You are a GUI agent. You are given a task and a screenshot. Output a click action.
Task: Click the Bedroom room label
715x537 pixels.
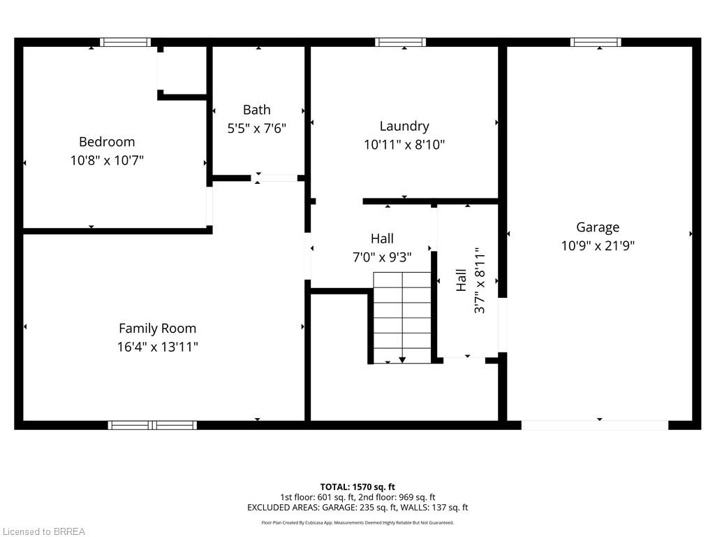(x=107, y=142)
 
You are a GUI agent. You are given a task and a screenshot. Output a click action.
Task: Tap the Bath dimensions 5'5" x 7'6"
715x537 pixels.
(x=257, y=129)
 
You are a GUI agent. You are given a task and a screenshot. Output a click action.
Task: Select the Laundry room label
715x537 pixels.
(x=404, y=127)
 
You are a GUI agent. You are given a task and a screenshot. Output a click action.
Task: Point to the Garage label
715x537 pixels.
(x=598, y=227)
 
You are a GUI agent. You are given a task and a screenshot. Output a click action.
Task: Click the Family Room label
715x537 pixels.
(x=157, y=329)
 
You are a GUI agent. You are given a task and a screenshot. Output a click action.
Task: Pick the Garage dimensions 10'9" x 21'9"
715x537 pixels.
(x=598, y=245)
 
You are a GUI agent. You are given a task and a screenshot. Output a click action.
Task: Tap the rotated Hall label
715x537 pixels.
(x=461, y=280)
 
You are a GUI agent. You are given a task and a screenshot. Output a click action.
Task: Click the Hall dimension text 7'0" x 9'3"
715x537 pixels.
(x=382, y=257)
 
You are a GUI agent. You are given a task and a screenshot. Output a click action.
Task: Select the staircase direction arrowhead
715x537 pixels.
(x=402, y=360)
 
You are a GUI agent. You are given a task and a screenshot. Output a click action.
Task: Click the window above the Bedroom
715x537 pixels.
(x=126, y=43)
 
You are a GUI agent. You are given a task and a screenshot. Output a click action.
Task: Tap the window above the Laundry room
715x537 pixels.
(x=401, y=43)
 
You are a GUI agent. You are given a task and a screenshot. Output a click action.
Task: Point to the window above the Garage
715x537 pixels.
(x=596, y=43)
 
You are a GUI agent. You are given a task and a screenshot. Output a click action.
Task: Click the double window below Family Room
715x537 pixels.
(x=153, y=425)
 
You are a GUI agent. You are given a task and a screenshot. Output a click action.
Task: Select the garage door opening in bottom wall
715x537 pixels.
(x=595, y=425)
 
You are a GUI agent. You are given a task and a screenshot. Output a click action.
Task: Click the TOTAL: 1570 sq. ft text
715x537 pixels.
(x=357, y=487)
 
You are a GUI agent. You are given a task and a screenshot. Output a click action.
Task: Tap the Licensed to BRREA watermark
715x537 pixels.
(x=44, y=531)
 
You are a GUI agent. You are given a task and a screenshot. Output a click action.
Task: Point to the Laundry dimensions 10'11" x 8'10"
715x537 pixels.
(x=404, y=145)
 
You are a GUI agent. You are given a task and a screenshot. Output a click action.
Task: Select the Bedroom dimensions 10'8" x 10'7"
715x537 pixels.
(x=107, y=160)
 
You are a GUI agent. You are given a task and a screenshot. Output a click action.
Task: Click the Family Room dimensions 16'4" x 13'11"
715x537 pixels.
(x=157, y=347)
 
